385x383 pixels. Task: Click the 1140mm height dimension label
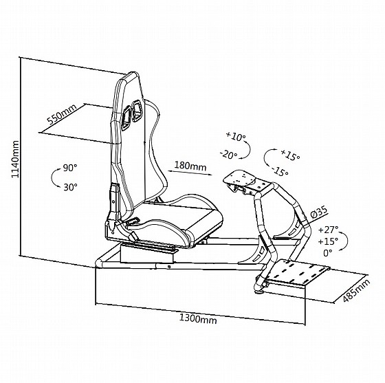click(15, 159)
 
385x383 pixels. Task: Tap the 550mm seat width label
click(62, 114)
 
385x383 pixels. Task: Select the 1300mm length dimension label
click(198, 319)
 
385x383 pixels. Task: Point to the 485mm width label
click(356, 291)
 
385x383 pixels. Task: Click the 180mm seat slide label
click(190, 166)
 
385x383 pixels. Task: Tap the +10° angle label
click(236, 137)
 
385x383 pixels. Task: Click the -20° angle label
click(228, 155)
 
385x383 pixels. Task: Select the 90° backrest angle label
click(70, 168)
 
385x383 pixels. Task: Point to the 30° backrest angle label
click(70, 187)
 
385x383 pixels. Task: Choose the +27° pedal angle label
click(329, 230)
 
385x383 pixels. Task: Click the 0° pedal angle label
click(327, 253)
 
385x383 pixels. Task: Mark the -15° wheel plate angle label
click(280, 171)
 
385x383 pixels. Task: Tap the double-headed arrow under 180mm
click(190, 173)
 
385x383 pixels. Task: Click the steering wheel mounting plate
click(239, 178)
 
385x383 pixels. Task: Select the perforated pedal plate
click(298, 272)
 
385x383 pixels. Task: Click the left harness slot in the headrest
click(127, 118)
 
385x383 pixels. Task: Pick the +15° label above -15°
click(290, 155)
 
